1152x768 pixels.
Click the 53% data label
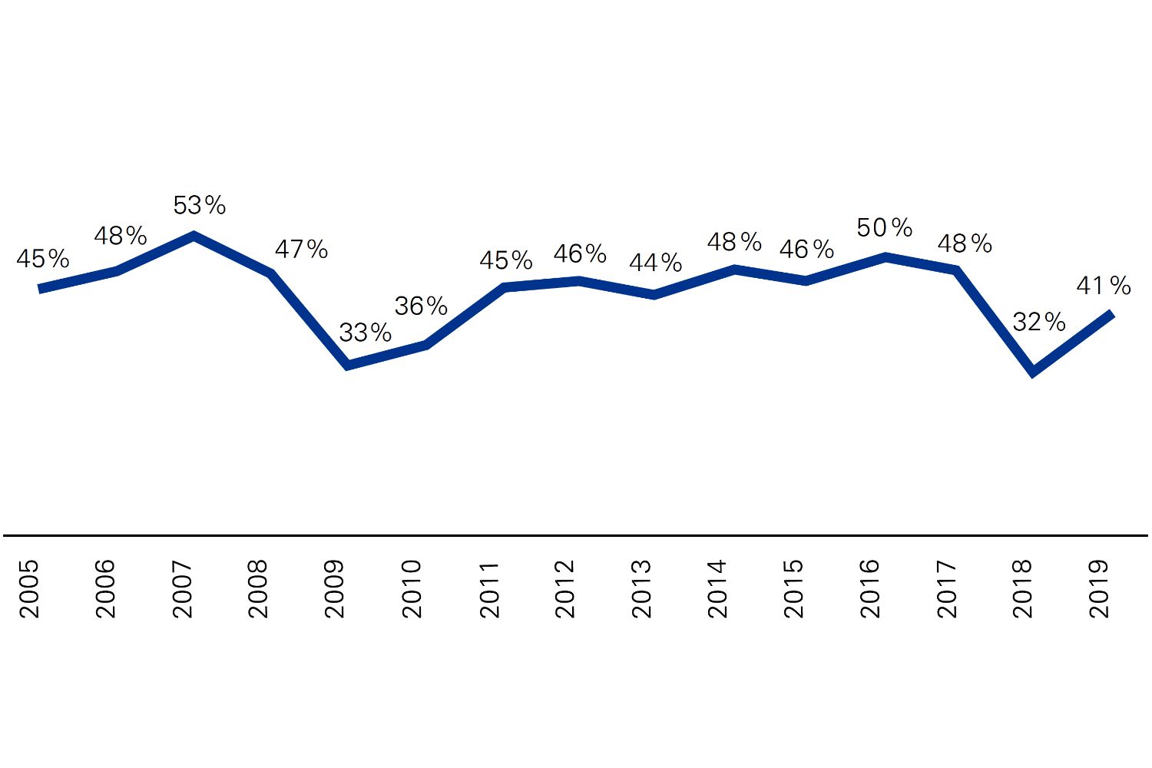point(199,206)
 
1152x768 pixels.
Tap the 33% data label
point(365,333)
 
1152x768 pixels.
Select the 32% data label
point(1038,322)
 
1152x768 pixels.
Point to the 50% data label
point(884,228)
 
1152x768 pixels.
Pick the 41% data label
point(1104,286)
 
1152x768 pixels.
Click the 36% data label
point(421,306)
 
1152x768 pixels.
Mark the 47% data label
point(301,250)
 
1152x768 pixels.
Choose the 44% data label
point(655,263)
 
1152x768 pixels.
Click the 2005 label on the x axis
point(29,589)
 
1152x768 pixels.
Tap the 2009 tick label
point(335,589)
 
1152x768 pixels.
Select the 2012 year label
point(564,589)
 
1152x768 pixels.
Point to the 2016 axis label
point(870,589)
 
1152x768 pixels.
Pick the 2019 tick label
point(1100,589)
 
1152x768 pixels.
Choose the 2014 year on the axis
point(717,589)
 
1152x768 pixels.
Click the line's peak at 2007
point(194,236)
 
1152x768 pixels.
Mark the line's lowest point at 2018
point(1034,372)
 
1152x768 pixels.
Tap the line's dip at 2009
point(348,366)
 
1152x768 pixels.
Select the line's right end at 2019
point(1111,313)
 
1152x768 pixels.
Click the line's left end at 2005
point(39,289)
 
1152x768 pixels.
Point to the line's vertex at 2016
point(886,257)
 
